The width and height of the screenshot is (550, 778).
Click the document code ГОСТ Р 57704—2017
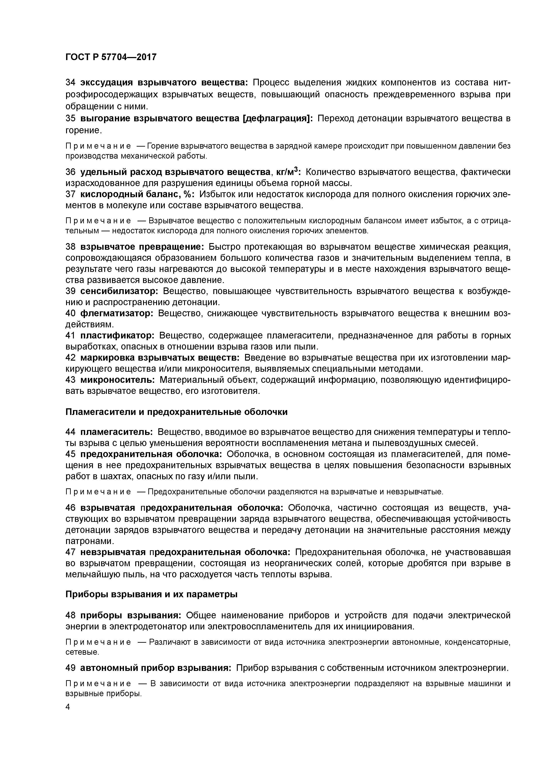click(111, 57)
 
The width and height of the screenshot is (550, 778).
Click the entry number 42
click(70, 358)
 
